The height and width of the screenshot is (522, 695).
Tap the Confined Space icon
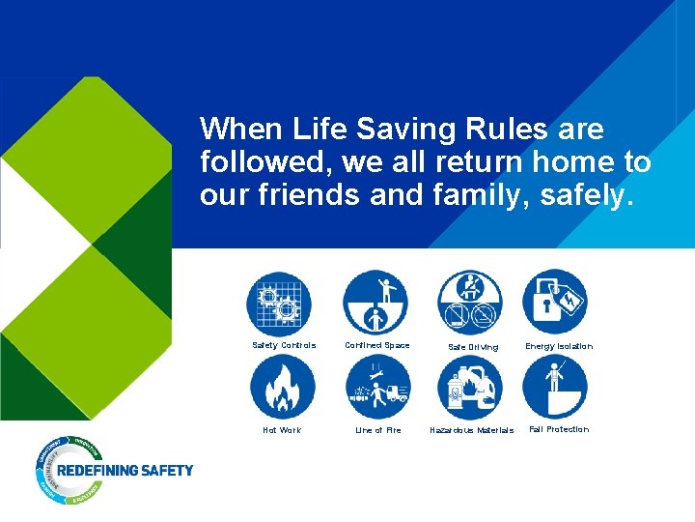point(375,303)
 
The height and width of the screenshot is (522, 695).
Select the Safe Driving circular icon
point(469,303)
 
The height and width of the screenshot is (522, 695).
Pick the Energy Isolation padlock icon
point(555,303)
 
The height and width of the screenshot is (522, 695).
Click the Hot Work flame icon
point(282,387)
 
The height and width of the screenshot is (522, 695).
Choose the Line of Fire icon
point(377,387)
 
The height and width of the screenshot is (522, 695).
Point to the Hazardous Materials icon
point(469,387)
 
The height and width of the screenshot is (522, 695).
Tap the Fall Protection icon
point(555,387)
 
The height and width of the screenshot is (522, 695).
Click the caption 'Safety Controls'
point(284,345)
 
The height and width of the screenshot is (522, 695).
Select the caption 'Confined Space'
point(377,345)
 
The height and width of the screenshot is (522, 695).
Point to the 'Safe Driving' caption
point(473,347)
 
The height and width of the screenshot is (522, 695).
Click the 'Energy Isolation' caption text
point(559,346)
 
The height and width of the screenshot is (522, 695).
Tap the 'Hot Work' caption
point(282,430)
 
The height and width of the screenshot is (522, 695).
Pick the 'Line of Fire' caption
point(377,430)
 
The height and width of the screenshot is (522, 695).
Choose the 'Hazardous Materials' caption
point(471,431)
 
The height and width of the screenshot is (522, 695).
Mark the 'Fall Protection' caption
point(559,429)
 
